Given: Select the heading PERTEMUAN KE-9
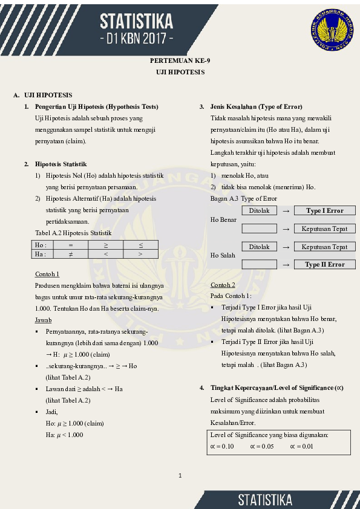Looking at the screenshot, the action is (180, 61).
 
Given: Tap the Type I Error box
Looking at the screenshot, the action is (324, 211).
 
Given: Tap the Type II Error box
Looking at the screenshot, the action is (324, 264).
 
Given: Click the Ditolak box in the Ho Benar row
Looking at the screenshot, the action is (259, 211).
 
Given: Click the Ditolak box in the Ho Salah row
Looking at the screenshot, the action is (259, 247).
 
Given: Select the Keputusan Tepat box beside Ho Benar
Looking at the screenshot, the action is (324, 229).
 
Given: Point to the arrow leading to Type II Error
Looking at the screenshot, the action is (286, 265).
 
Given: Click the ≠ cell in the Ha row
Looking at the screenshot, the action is (70, 254).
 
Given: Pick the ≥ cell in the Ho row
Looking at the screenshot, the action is (105, 245).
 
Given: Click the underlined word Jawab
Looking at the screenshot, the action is (43, 319).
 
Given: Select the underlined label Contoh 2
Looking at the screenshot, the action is (223, 285).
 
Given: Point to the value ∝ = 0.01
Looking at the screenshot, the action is (301, 446).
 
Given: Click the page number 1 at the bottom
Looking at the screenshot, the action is (180, 476).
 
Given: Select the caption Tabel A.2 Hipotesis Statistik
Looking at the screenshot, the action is (73, 233).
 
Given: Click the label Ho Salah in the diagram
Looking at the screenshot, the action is (223, 256).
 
